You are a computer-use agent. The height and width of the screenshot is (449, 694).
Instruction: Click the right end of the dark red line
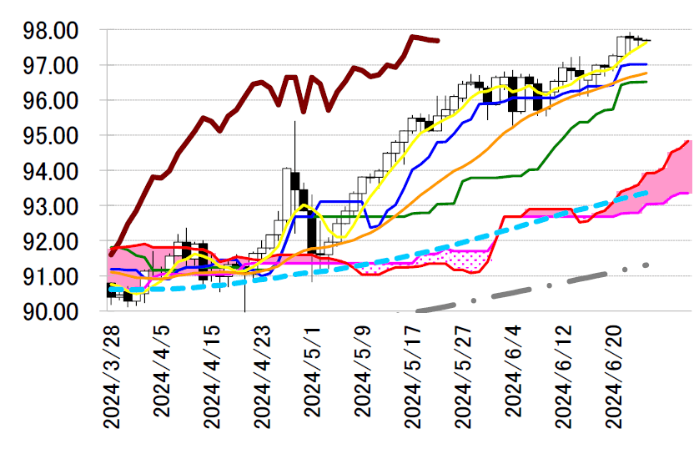[438, 40]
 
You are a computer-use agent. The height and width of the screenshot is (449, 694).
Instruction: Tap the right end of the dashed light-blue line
[646, 193]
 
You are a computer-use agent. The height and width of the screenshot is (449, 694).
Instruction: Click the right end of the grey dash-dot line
[646, 265]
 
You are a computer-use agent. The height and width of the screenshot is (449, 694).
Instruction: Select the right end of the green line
[646, 82]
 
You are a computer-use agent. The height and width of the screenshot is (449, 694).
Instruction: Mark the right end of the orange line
[646, 73]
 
